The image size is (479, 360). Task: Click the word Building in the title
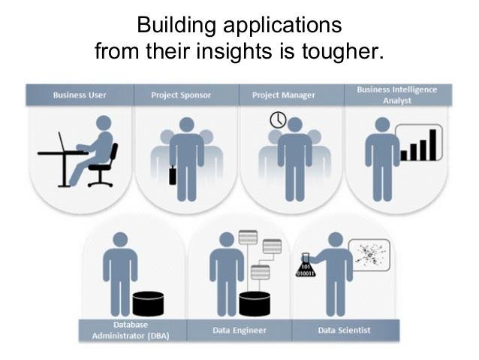point(176,26)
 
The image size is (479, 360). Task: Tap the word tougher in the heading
point(343,51)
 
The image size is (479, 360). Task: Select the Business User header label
point(80,95)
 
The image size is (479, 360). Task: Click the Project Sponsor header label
point(181,95)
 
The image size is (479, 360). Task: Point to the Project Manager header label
point(284,95)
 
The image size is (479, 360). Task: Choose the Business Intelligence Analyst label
point(397,95)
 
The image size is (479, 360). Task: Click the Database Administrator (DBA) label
point(131,331)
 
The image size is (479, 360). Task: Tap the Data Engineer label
point(239,331)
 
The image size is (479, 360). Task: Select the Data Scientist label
point(344,331)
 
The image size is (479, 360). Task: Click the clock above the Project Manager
point(278,119)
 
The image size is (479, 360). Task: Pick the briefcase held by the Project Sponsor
point(173,175)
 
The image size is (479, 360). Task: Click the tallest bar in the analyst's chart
point(433,144)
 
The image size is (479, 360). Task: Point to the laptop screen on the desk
point(62,141)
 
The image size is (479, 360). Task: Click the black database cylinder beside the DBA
point(148,304)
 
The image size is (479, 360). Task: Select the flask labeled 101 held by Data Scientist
point(306,265)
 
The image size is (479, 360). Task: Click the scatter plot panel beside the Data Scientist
point(369,255)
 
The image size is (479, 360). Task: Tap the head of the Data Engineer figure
point(227,240)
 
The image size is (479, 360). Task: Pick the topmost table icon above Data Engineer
point(248,237)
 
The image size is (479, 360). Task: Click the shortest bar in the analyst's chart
point(403,156)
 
